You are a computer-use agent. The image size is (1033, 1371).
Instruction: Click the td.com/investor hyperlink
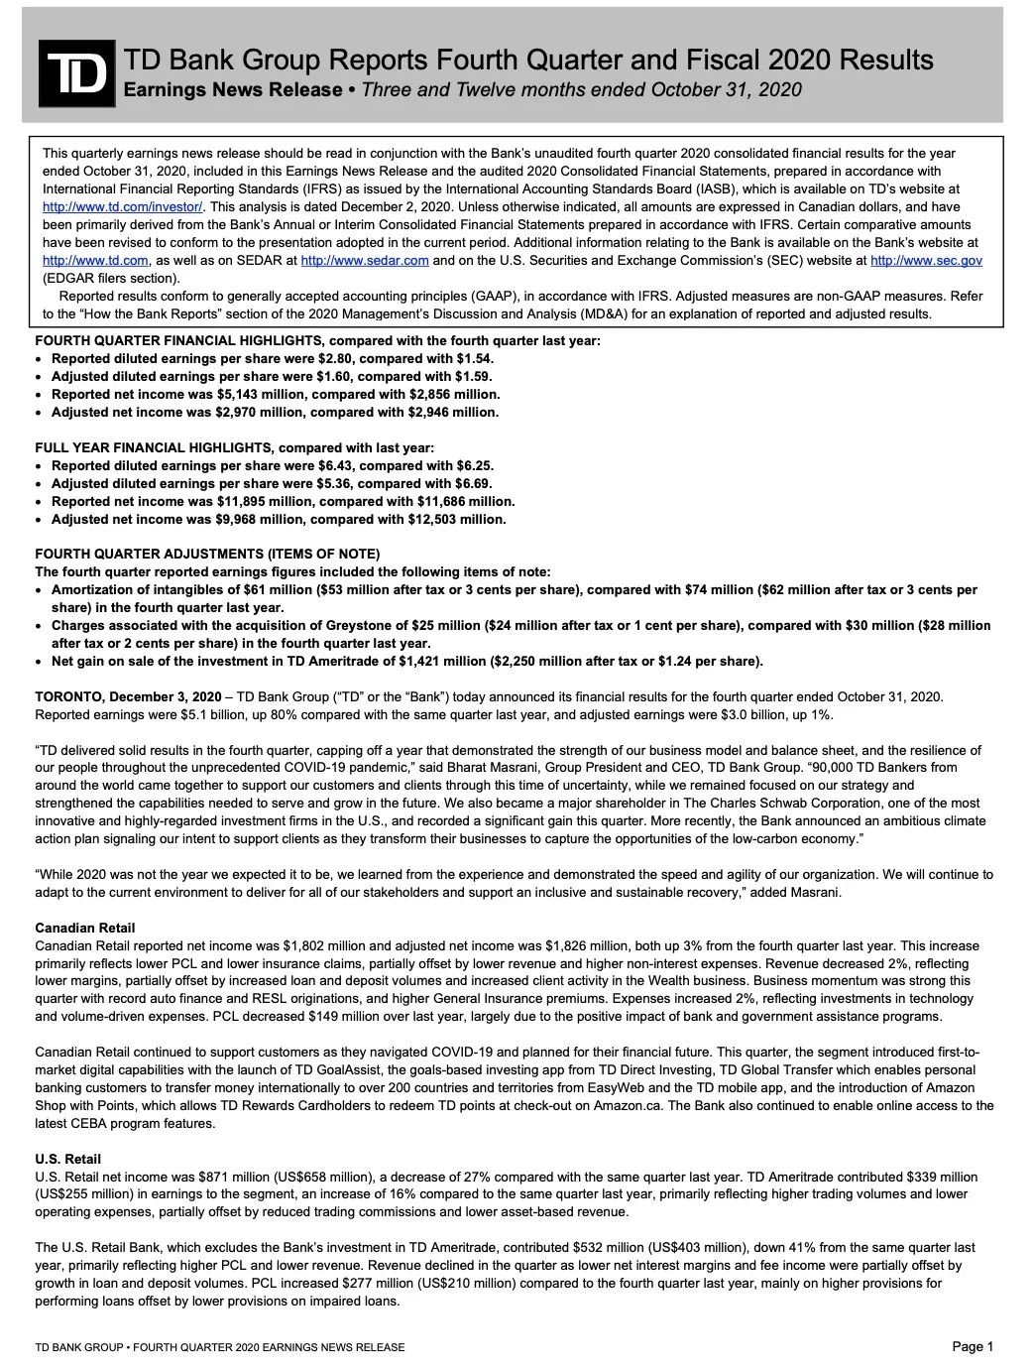122,206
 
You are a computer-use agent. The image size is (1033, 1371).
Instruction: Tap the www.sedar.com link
364,260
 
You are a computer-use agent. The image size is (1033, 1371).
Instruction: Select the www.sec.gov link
926,260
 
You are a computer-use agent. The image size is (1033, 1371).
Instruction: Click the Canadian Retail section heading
84,928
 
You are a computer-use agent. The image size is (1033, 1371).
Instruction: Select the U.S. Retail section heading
67,1159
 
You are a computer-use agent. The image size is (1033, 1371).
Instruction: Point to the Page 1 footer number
972,1346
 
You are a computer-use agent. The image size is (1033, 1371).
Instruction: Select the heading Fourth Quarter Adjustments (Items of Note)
207,554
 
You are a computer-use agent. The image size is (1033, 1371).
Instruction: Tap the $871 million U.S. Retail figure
243,1177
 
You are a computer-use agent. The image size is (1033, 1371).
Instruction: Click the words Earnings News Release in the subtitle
232,90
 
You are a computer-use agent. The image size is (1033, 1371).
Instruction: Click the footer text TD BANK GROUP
78,1347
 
